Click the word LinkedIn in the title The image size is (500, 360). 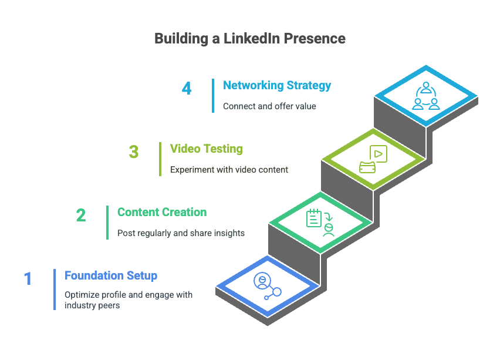point(252,38)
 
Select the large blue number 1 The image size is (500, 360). point(28,278)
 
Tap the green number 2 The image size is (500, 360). point(81,215)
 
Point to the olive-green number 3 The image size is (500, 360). point(134,152)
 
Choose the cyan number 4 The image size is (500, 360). point(187,88)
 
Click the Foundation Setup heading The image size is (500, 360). point(111,275)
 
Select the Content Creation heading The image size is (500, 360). point(162,212)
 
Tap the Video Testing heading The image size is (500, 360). point(207,149)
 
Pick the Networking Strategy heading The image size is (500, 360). point(277,85)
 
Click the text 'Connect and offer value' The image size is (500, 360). point(269,106)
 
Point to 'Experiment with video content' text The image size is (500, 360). point(229,170)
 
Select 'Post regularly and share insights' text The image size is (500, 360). point(181,233)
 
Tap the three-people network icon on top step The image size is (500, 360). point(426,96)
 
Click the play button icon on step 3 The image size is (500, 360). point(378,154)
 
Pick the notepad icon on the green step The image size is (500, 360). point(314,218)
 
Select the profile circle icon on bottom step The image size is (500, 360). point(262,281)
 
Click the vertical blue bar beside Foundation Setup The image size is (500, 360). point(55,290)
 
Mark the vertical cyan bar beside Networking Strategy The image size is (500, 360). point(213,96)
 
